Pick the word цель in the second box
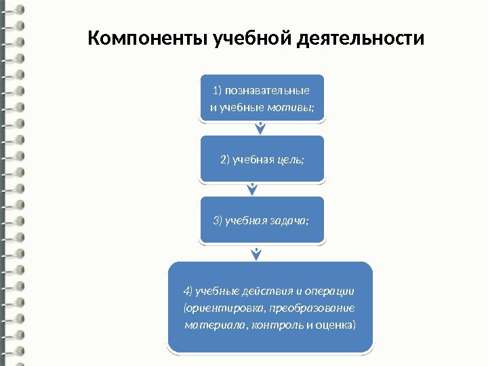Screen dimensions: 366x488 tap(291, 160)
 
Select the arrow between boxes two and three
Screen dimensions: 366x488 tap(253, 189)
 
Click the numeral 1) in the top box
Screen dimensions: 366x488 tap(217, 91)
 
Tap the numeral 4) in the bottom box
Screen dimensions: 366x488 tap(188, 291)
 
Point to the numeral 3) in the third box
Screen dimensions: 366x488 tap(218, 220)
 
